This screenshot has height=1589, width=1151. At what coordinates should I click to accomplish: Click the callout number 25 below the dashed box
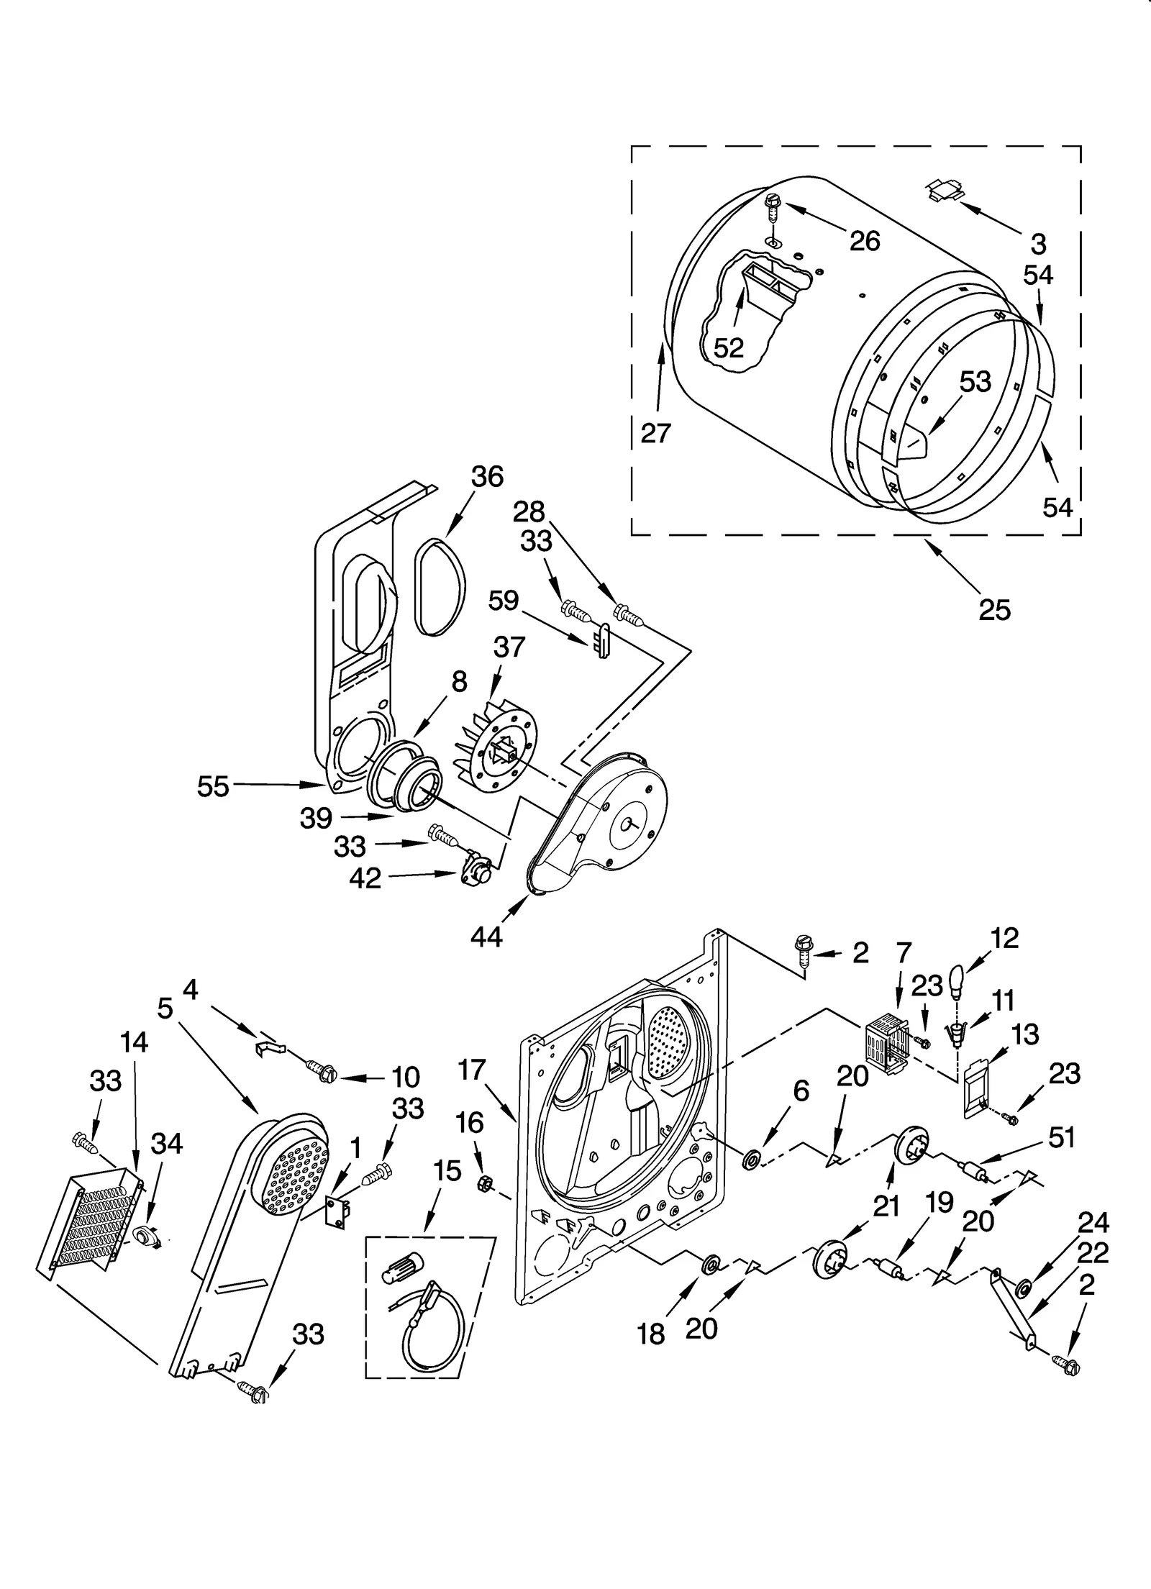tap(995, 609)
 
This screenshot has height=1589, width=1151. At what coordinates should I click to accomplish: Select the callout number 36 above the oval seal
tap(487, 477)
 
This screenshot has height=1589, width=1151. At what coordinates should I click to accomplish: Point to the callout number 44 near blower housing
tap(486, 936)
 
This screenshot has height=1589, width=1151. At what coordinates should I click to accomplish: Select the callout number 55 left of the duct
tap(213, 786)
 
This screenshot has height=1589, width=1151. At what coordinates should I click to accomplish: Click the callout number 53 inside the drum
tap(975, 382)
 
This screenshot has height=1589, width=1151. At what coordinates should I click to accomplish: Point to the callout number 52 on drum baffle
tap(728, 347)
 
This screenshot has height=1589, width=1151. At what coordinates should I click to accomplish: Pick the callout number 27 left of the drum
tap(655, 432)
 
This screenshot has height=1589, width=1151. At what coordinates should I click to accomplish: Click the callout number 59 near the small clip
tap(503, 600)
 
